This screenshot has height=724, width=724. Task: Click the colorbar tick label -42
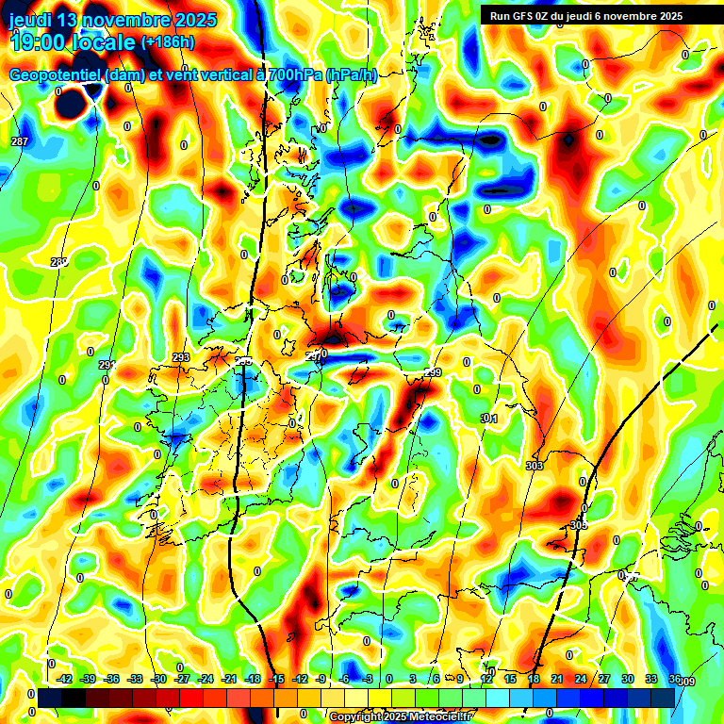(65, 679)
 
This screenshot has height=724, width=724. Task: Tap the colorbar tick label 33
(650, 679)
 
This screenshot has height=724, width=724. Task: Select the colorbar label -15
(276, 679)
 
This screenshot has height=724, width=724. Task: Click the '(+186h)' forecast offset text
(168, 41)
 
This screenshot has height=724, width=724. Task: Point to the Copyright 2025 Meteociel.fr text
(400, 717)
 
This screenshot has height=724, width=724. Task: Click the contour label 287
(19, 141)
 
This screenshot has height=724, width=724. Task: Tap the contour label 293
(181, 357)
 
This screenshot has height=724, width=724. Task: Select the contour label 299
(433, 373)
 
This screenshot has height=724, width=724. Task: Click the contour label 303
(535, 467)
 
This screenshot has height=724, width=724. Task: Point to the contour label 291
(106, 365)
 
